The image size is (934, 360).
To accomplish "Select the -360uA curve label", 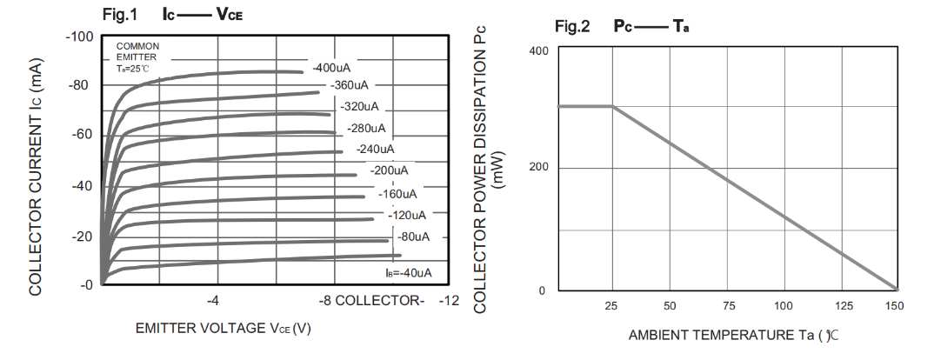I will (x=350, y=85).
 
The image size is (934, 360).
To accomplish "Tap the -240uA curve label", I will (x=377, y=149).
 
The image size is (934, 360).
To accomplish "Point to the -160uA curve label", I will (x=398, y=193).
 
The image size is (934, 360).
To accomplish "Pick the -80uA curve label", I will (x=413, y=237).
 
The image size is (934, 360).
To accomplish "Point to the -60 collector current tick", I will (x=81, y=135).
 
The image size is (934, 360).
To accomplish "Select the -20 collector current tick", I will (x=81, y=237).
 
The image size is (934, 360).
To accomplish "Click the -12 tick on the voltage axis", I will (x=449, y=301).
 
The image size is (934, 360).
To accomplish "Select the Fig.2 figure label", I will (x=572, y=26).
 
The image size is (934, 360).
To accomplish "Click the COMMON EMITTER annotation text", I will (x=137, y=51).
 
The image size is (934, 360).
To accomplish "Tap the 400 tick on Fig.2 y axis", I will (x=538, y=51).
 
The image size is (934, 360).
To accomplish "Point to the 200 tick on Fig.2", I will (x=538, y=168).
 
